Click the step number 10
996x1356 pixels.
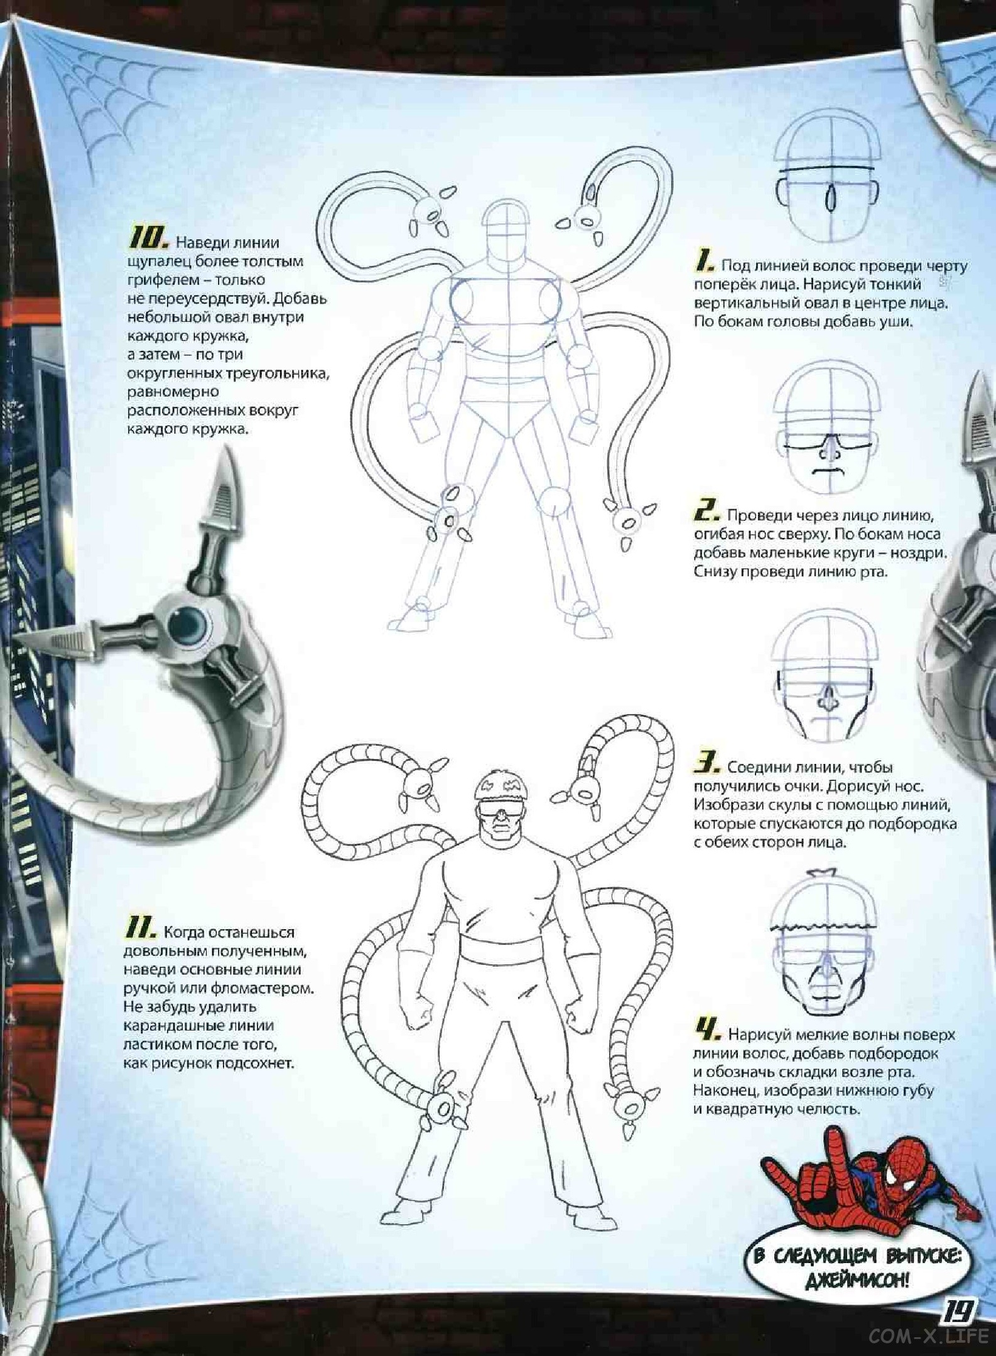[x=149, y=240]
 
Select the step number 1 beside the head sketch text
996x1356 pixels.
[x=705, y=261]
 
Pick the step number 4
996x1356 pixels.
[x=707, y=1028]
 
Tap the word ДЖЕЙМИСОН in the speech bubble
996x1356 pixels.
[x=856, y=1278]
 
